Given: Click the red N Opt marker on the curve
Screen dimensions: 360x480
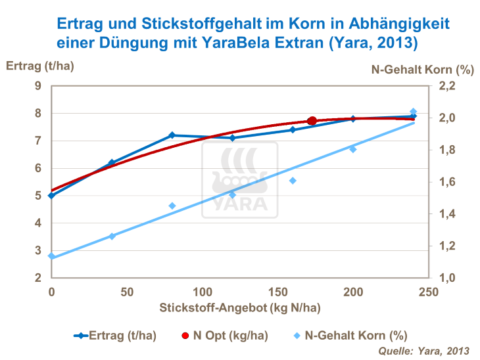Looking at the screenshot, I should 312,121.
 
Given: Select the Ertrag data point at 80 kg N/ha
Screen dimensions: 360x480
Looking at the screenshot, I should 172,135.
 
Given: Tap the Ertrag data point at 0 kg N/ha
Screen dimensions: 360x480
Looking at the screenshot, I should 51,195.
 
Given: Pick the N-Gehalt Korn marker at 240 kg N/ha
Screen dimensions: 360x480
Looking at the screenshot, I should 413,112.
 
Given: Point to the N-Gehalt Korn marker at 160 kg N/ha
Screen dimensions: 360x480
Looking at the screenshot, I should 293,181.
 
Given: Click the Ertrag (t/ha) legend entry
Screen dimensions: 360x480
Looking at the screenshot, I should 115,336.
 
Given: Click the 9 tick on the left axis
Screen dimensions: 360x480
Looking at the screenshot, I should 38,86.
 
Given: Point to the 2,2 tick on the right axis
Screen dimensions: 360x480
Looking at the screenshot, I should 447,86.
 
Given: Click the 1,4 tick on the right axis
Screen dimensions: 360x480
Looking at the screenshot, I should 447,214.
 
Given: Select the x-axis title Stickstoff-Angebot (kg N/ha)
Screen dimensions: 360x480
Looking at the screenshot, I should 239,307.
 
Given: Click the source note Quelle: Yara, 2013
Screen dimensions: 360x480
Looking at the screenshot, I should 424,351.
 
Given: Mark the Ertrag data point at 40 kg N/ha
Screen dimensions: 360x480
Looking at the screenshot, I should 112,162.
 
